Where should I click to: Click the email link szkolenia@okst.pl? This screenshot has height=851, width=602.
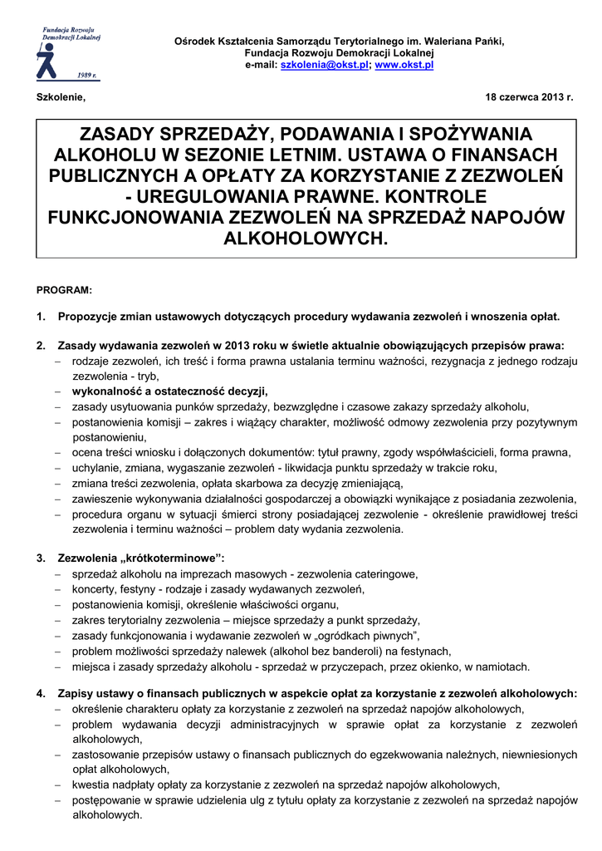click(325, 64)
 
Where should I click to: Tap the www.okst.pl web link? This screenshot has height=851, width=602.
click(404, 64)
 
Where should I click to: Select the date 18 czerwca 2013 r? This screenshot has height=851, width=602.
click(529, 98)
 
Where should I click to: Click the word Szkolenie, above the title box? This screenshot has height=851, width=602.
click(61, 98)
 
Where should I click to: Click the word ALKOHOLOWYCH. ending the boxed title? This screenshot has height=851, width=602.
click(306, 239)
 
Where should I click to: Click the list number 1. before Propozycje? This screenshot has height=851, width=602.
click(42, 317)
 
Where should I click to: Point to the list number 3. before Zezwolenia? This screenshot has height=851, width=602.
click(42, 558)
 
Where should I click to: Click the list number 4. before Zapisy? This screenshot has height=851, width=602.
click(42, 693)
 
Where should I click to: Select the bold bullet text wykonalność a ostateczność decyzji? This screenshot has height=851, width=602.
click(170, 391)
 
